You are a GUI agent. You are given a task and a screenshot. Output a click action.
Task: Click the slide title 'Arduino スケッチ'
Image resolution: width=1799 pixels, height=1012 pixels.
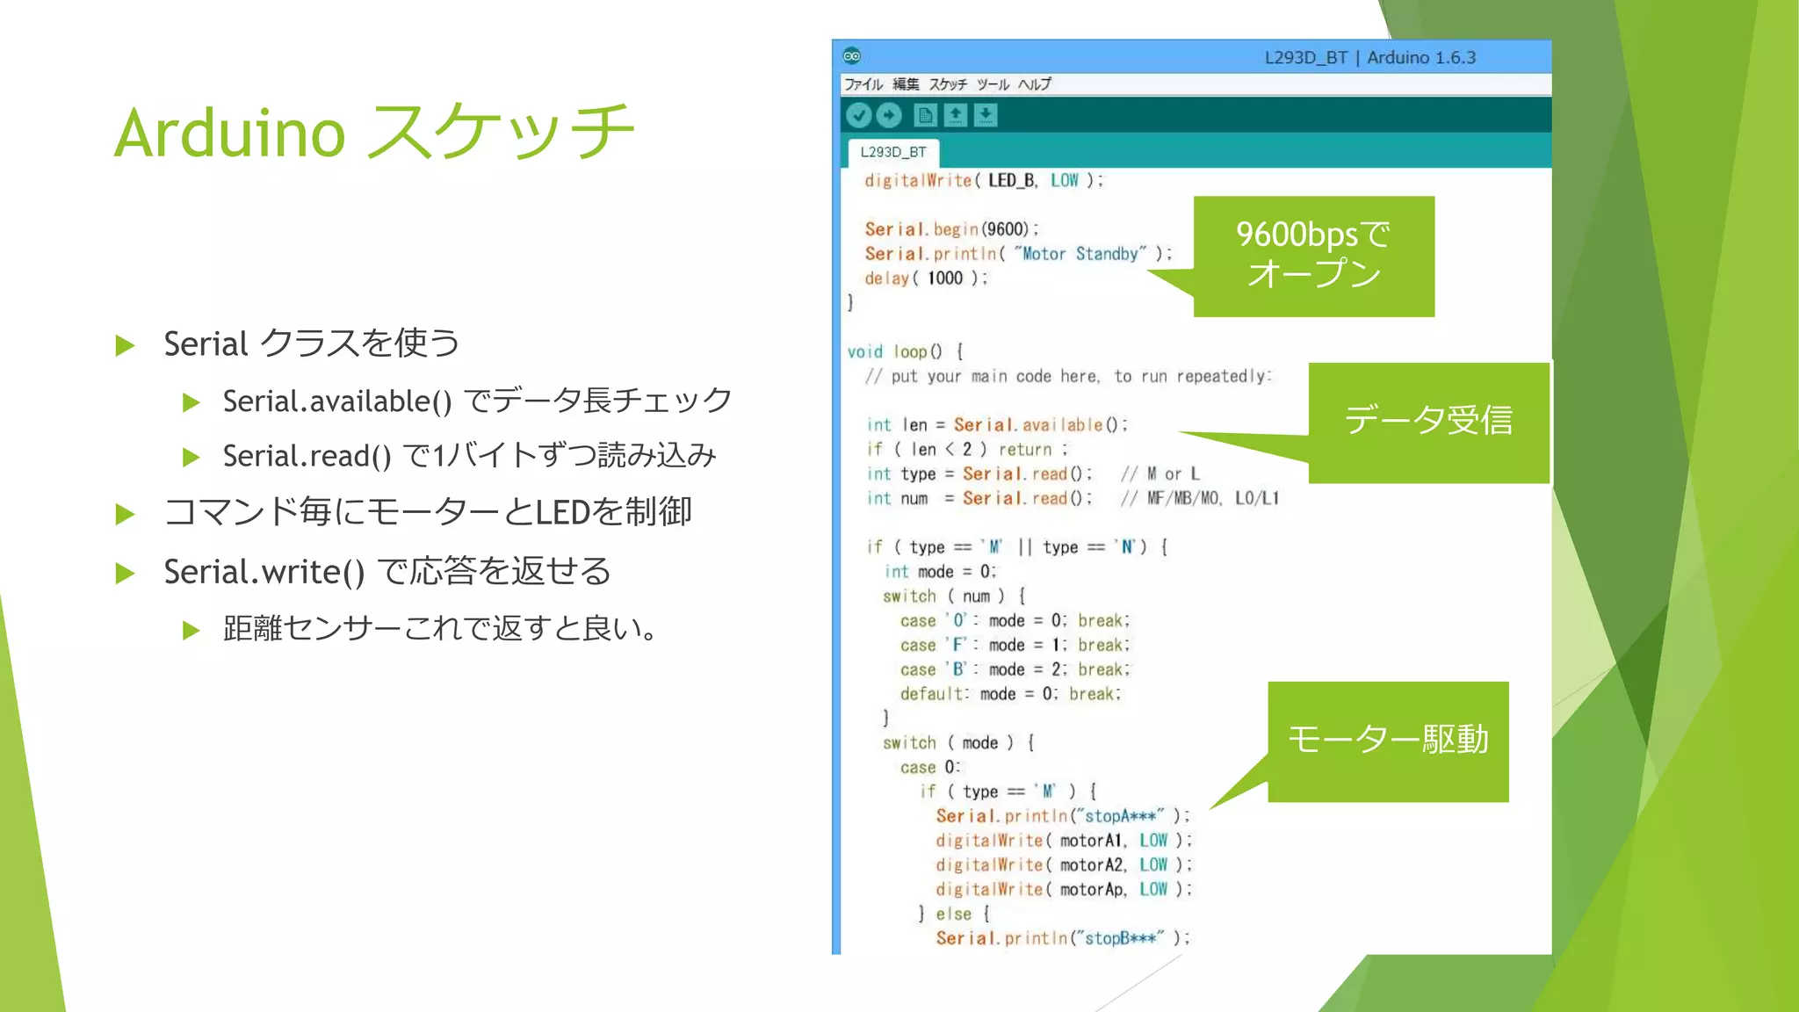click(374, 132)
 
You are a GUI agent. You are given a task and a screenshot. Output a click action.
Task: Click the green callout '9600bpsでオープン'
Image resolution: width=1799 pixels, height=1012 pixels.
click(1313, 255)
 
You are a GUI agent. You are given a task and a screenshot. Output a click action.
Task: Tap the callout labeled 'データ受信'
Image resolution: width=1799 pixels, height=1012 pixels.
click(1428, 422)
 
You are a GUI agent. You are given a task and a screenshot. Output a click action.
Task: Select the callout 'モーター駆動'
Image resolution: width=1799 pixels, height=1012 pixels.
click(1388, 741)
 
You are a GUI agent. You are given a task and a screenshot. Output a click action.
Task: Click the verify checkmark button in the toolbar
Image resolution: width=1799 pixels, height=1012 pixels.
click(858, 115)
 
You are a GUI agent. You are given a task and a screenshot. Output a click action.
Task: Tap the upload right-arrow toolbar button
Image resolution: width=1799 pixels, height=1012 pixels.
click(889, 115)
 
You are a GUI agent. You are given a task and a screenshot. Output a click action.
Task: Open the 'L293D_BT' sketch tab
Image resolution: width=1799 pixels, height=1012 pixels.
click(892, 152)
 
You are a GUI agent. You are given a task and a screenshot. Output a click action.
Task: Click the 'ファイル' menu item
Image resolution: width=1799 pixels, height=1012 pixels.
click(863, 84)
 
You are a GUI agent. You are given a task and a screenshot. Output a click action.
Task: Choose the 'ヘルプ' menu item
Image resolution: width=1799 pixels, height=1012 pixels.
click(1035, 84)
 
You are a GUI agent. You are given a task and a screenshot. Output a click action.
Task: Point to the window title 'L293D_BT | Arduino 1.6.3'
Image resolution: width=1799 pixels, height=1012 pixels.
click(1369, 58)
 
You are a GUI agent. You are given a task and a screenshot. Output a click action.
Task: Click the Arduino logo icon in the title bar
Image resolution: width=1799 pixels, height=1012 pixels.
click(851, 56)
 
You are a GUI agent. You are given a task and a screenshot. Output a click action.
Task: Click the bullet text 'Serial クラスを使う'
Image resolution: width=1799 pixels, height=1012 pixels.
click(311, 343)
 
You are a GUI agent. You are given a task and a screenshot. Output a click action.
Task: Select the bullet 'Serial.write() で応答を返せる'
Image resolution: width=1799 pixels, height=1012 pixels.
click(387, 572)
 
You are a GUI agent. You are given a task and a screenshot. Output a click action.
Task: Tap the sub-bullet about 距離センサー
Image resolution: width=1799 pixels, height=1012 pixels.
click(439, 629)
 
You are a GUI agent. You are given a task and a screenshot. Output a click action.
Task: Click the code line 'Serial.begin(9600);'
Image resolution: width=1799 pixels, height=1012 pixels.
click(951, 229)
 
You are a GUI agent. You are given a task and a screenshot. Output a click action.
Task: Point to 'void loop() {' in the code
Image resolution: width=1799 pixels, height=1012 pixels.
click(905, 351)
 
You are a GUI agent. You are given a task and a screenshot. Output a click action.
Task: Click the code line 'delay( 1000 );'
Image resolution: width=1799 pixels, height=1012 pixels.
click(926, 278)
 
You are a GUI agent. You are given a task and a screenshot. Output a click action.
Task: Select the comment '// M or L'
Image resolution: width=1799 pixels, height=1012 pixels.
click(1160, 474)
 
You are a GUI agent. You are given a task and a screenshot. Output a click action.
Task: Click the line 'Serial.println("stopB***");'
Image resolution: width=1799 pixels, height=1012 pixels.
click(1062, 938)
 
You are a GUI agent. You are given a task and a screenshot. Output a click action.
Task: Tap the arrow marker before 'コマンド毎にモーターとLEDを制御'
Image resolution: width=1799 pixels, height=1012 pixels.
click(125, 514)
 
